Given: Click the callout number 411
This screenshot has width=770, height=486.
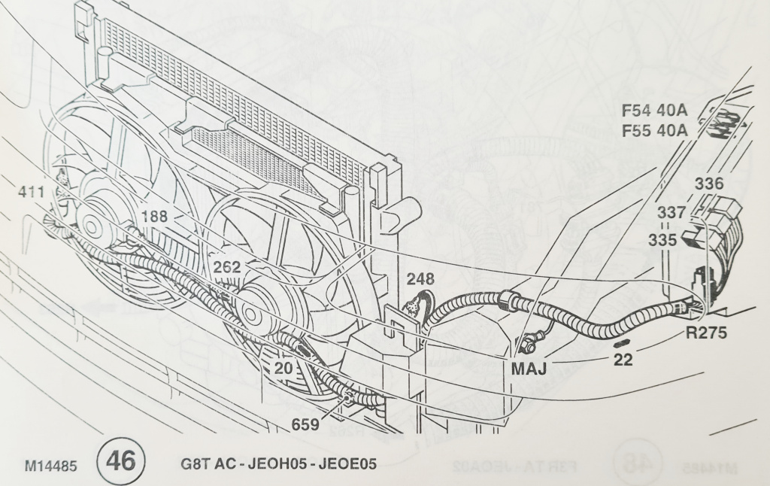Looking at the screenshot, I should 32,193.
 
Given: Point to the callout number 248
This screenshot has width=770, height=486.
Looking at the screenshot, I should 420,279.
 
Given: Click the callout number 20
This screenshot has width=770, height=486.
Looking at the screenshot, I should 283,368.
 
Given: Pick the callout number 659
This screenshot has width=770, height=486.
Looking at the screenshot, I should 305,425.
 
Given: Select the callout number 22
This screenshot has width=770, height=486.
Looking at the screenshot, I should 623,359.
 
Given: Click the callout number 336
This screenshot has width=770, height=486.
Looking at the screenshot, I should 708,184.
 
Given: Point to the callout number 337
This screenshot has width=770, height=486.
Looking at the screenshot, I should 671,213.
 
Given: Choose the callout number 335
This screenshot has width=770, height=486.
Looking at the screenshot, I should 664,241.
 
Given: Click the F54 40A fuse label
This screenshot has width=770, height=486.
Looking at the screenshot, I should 655,111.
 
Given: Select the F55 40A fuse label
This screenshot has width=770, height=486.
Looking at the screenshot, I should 655,132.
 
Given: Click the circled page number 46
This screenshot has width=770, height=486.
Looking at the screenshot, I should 120,460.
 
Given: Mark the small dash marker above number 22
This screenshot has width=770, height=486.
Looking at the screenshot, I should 621,343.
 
